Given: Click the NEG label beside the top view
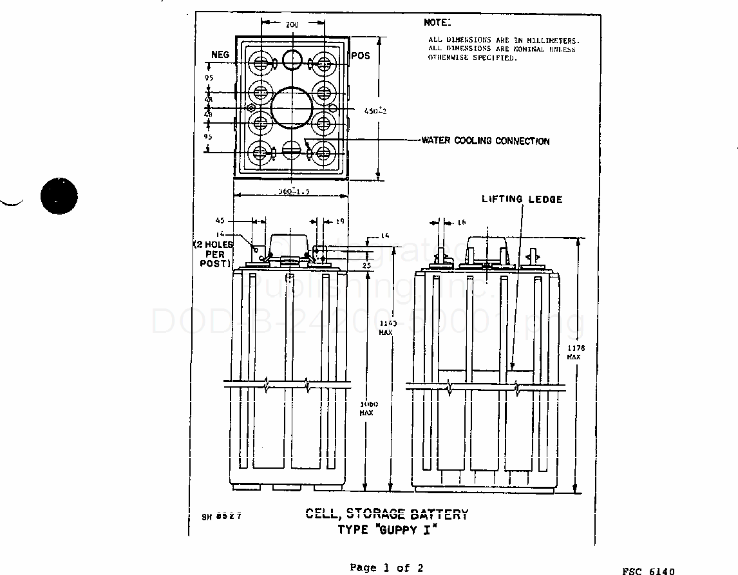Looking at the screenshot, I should [x=220, y=55].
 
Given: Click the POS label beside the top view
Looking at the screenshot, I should [x=361, y=56].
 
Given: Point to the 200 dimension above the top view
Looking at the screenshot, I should [x=292, y=24].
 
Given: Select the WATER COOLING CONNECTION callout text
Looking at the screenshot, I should [x=486, y=141].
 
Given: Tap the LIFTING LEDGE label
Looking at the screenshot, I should [x=522, y=199].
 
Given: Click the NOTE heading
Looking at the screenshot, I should [x=438, y=23].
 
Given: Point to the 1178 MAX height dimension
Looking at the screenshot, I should [x=573, y=352].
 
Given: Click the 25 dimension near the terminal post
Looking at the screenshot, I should [x=367, y=265].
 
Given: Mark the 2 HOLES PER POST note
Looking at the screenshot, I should [x=213, y=254].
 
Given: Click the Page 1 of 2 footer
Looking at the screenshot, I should [x=386, y=567].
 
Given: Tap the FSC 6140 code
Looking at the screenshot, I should [x=648, y=571].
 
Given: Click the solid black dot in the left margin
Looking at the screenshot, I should [x=59, y=195].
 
